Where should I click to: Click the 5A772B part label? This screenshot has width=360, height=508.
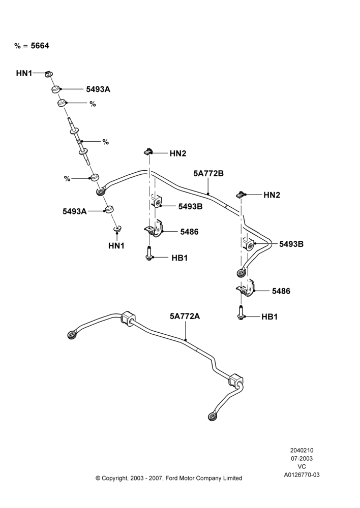point(208,174)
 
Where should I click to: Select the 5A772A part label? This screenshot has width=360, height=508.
point(185,316)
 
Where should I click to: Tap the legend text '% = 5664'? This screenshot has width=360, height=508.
point(32,46)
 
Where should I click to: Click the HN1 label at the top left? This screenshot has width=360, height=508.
point(24,74)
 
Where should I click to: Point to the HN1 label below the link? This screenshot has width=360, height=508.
point(116,246)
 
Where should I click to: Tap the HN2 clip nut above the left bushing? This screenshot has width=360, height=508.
point(148,151)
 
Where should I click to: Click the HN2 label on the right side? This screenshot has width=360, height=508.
point(272,195)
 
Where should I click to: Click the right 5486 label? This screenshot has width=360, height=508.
point(281,291)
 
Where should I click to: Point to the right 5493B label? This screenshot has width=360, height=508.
point(291,244)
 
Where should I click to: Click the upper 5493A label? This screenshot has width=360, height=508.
point(98,89)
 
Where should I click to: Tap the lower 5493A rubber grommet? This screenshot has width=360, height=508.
point(109,209)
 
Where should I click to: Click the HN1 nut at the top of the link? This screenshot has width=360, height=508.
point(49,74)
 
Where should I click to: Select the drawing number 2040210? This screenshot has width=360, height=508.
point(302,450)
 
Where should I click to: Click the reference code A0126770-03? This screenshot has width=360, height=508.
point(302,475)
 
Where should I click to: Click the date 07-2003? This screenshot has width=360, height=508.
point(302,458)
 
